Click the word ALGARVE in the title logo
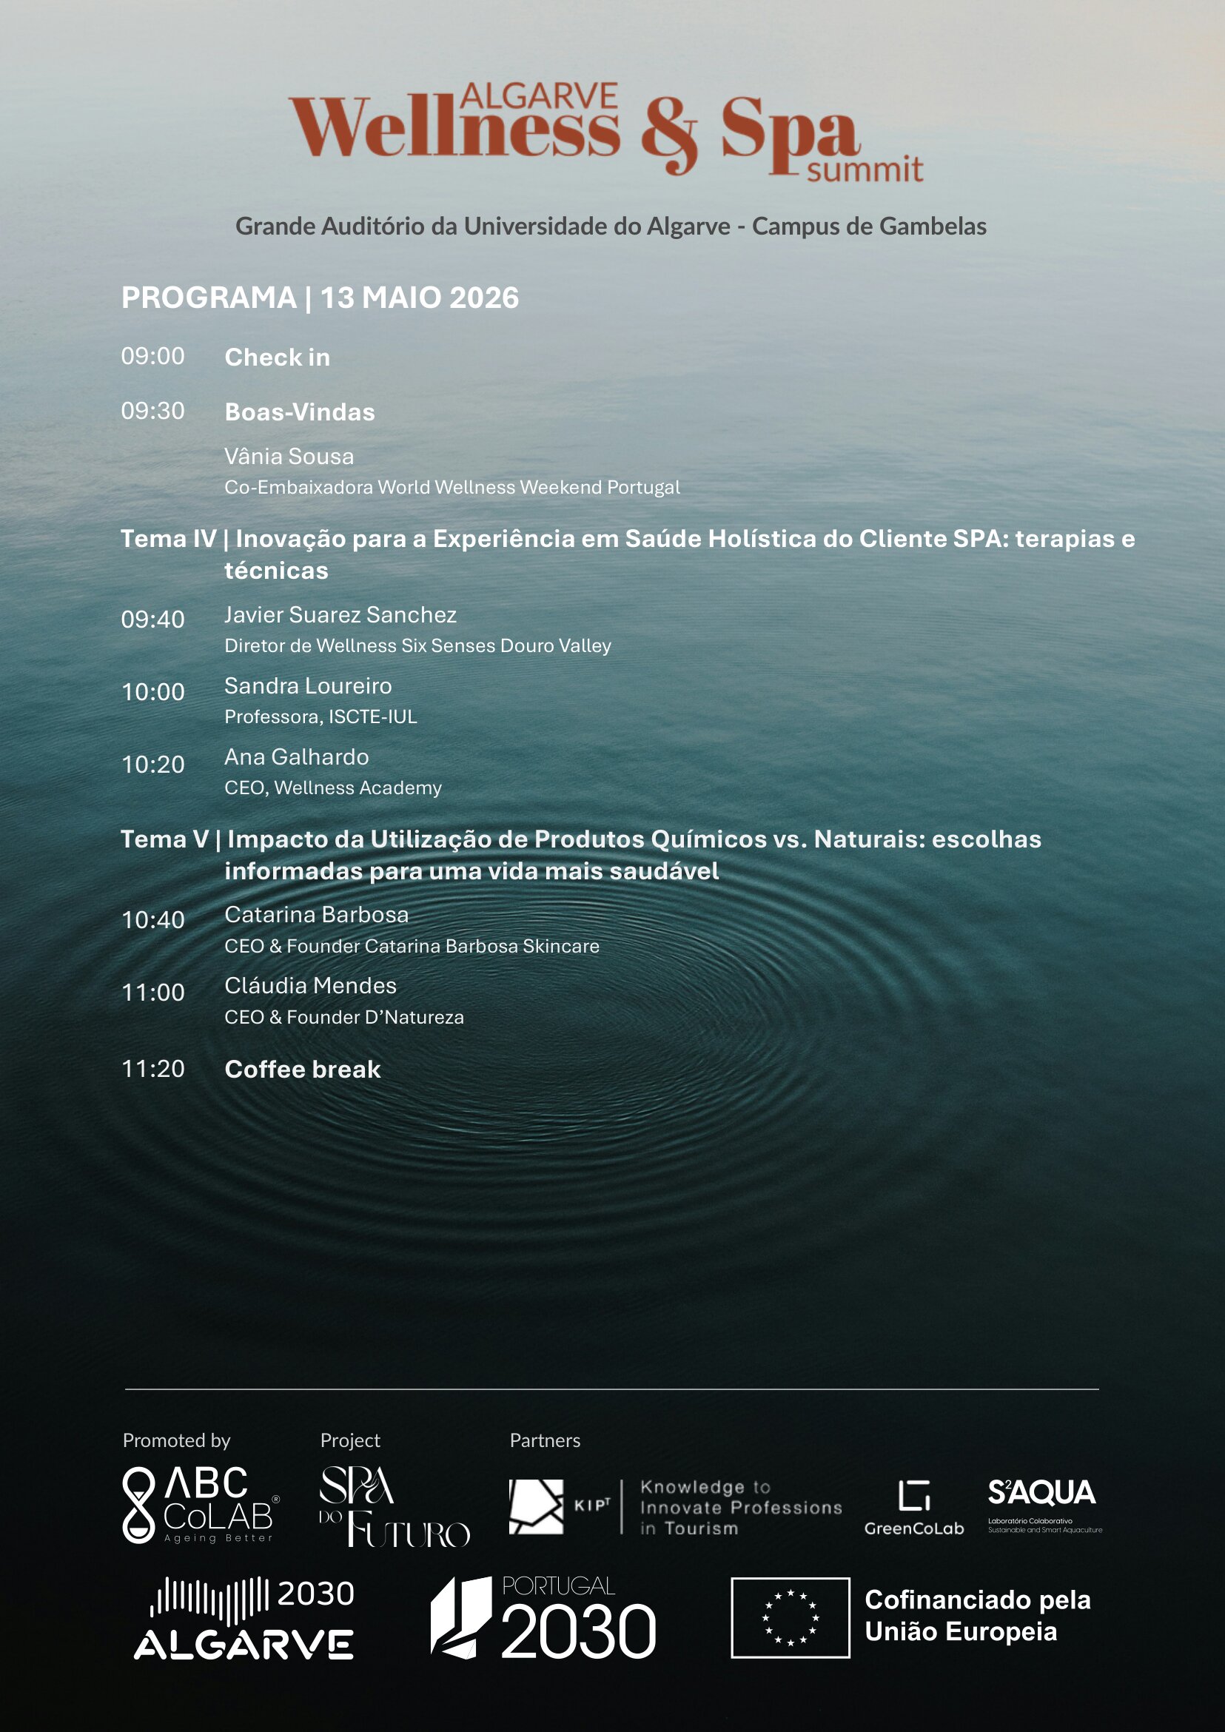tap(539, 95)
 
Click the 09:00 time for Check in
tap(152, 356)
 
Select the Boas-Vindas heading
tap(300, 412)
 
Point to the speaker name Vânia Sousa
tap(289, 457)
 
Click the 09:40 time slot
tap(152, 620)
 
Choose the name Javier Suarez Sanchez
tap(340, 615)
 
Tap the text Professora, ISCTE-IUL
tap(320, 716)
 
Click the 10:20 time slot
tap(152, 764)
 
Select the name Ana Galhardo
tap(297, 756)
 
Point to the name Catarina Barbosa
tap(316, 914)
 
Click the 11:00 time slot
tap(152, 992)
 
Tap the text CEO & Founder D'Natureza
tap(344, 1017)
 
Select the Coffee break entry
tap(303, 1069)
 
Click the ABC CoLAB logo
tap(200, 1504)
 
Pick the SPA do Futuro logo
tap(393, 1506)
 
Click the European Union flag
tap(790, 1617)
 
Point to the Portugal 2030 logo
tap(543, 1617)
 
